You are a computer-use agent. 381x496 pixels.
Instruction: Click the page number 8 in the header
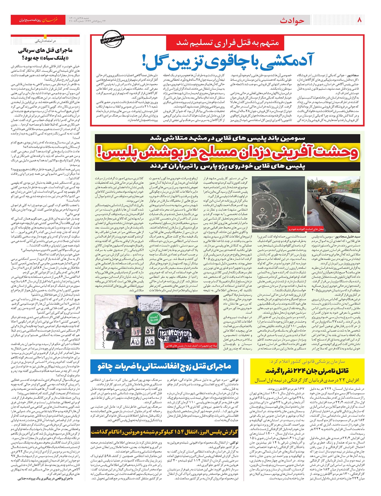pos(359,20)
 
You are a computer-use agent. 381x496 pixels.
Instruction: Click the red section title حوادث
pos(292,21)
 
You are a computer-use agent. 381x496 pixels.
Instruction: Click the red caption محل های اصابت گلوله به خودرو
pos(305,229)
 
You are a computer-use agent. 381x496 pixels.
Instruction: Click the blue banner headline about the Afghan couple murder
pos(165,367)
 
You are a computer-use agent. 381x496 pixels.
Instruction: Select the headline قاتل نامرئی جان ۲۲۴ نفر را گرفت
pos(307,371)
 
